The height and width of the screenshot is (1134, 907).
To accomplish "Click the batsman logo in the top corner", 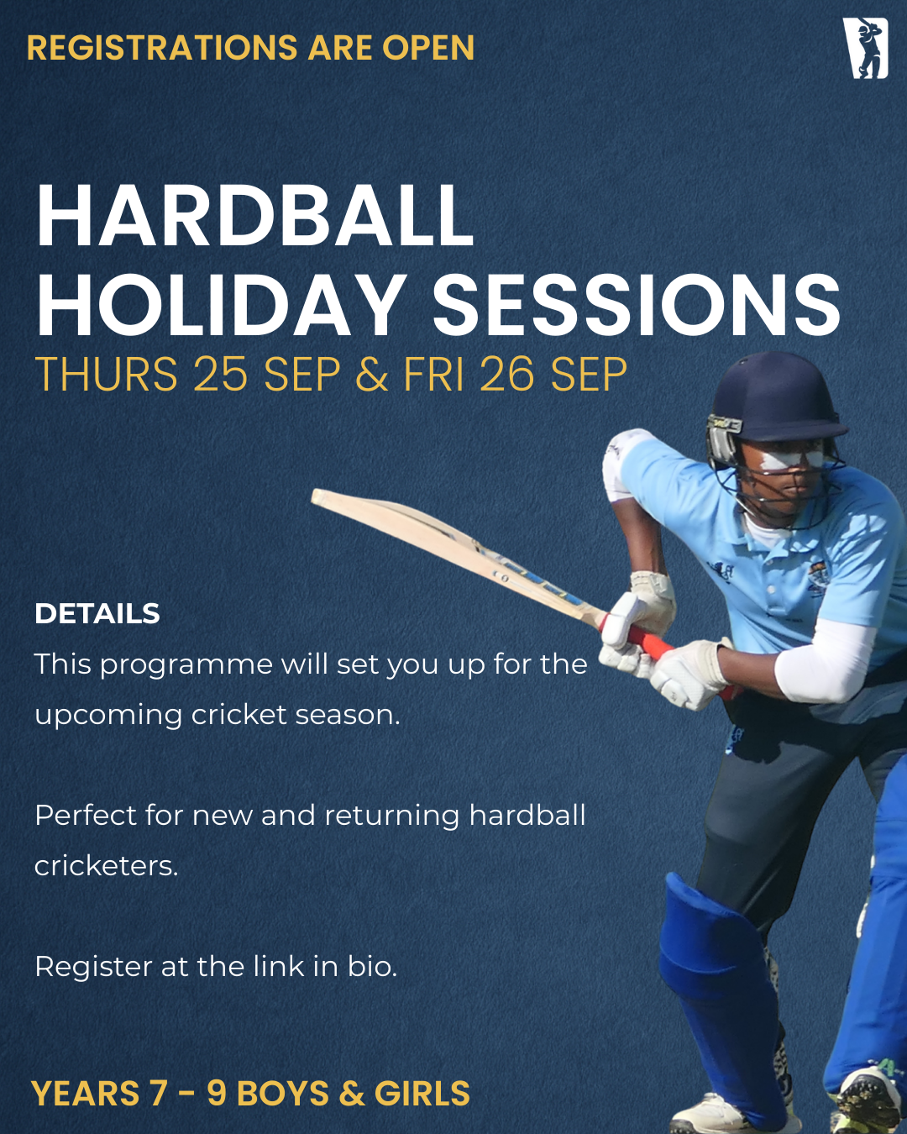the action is click(865, 48).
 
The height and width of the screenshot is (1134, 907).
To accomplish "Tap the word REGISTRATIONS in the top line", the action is click(162, 47).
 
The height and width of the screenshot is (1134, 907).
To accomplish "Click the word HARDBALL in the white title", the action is click(254, 216).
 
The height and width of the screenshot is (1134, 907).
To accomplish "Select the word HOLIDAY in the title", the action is click(219, 306).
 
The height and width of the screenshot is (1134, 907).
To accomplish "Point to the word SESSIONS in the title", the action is click(636, 306).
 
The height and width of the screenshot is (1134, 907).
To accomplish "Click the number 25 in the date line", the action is click(221, 374).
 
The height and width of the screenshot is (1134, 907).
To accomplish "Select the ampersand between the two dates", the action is click(372, 374).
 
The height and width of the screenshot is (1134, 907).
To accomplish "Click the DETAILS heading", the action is click(97, 613).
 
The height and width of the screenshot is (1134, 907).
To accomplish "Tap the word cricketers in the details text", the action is click(106, 866).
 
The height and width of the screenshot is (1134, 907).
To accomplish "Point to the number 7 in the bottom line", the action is click(158, 1094).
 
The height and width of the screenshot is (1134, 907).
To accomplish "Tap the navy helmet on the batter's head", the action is click(774, 402).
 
